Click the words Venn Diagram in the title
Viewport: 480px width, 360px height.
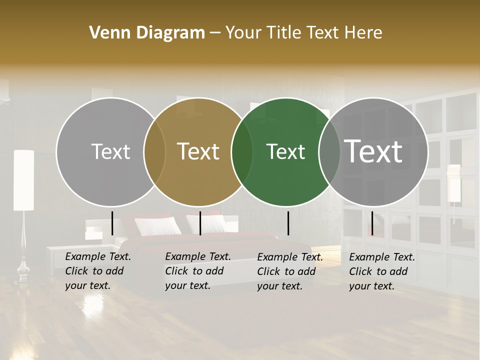(147, 33)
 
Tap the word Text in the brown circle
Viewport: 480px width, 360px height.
(198, 151)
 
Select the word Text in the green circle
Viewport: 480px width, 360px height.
(285, 151)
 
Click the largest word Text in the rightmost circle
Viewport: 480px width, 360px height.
(373, 151)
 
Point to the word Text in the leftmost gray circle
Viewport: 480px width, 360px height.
(110, 151)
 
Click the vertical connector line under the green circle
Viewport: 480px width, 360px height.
(288, 223)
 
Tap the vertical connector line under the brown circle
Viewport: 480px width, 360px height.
(200, 223)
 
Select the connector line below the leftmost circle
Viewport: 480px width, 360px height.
(112, 223)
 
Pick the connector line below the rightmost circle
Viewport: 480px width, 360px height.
(372, 223)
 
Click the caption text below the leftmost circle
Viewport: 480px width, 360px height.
(97, 271)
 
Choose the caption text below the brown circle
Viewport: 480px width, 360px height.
(197, 271)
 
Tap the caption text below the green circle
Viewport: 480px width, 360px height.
(289, 271)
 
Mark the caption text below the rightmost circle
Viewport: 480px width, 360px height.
(381, 271)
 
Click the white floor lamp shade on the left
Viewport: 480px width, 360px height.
(23, 180)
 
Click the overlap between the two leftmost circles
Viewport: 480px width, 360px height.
(154, 152)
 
